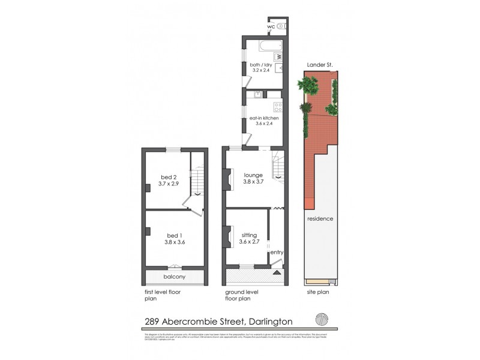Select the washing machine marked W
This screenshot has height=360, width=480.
(x=278, y=57)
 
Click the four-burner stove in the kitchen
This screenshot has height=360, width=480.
(x=278, y=107)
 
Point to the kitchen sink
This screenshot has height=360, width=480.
(x=257, y=94)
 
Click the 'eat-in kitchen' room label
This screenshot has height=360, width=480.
(x=264, y=119)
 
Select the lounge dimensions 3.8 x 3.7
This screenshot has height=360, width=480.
(x=253, y=182)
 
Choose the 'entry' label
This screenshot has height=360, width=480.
(x=277, y=253)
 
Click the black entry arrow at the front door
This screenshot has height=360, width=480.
(x=277, y=272)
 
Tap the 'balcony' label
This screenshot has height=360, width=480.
(x=174, y=277)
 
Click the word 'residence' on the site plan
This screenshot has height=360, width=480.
(x=320, y=218)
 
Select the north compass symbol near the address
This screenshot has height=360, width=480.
(x=320, y=319)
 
